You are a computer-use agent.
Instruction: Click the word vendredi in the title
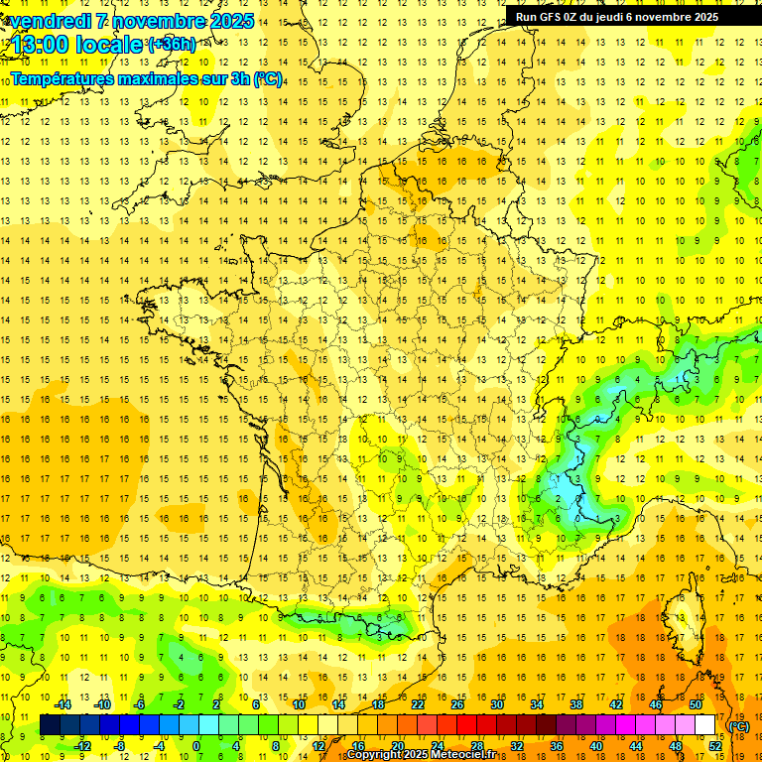click(x=45, y=21)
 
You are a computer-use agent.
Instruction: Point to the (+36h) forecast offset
click(x=171, y=44)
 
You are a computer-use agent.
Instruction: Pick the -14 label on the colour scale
click(x=63, y=704)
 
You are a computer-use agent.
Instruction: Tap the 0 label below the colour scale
click(x=195, y=745)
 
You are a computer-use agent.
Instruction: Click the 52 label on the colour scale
click(x=714, y=745)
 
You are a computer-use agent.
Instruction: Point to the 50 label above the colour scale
click(x=695, y=704)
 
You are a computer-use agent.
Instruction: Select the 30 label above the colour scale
click(x=496, y=704)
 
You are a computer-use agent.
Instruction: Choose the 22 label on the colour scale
click(x=417, y=704)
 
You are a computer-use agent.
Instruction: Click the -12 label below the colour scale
click(x=82, y=745)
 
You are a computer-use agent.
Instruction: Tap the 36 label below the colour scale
click(x=556, y=745)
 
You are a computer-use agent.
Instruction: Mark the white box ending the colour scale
click(x=705, y=725)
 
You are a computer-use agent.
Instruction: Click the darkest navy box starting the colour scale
click(x=50, y=725)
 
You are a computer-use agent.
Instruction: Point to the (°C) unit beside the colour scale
click(x=738, y=725)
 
